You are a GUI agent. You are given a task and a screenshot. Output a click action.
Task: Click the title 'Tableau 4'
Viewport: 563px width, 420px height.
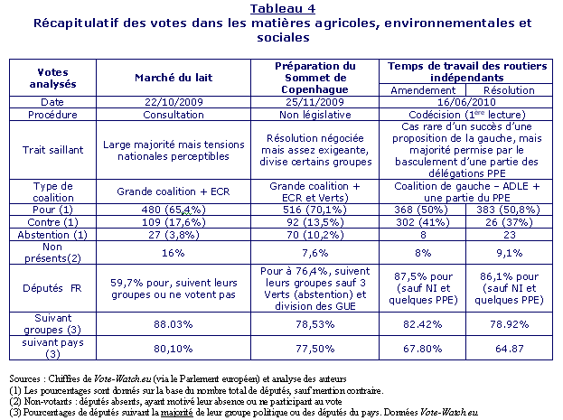(283, 9)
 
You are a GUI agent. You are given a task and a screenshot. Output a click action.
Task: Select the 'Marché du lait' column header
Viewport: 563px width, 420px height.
(174, 78)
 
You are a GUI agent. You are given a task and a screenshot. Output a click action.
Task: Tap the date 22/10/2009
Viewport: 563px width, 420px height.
(174, 102)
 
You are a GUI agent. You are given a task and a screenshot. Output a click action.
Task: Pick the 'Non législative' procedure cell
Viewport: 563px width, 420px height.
(314, 115)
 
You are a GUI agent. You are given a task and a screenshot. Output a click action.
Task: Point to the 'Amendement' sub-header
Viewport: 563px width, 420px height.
(423, 90)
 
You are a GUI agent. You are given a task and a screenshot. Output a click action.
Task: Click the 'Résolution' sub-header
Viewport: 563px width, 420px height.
(509, 90)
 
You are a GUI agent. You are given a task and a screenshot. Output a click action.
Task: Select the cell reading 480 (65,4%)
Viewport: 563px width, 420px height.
(174, 210)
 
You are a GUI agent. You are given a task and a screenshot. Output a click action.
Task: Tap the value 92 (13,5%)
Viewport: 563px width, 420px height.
(314, 222)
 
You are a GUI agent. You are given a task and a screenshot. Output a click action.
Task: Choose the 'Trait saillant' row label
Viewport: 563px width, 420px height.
(52, 150)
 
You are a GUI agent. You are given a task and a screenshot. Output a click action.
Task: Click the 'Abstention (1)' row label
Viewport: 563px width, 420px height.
(52, 235)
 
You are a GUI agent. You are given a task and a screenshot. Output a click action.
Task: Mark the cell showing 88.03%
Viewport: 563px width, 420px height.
(174, 324)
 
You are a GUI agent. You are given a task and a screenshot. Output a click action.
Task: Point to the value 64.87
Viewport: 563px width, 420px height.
(509, 349)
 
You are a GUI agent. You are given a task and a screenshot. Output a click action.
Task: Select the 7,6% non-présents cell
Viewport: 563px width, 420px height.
(314, 253)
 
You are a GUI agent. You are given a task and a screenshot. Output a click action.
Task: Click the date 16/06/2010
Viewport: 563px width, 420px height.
(466, 102)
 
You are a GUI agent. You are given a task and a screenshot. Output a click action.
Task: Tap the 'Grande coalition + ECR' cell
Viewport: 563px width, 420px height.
(174, 191)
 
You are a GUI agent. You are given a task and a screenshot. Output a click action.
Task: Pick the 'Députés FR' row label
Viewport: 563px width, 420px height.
(52, 288)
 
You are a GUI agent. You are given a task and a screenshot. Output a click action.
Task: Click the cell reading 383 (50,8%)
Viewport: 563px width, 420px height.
(509, 210)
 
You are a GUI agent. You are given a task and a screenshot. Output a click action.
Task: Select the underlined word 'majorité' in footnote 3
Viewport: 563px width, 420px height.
(177, 412)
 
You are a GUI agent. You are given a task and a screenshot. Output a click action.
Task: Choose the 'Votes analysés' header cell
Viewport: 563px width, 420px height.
(52, 78)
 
